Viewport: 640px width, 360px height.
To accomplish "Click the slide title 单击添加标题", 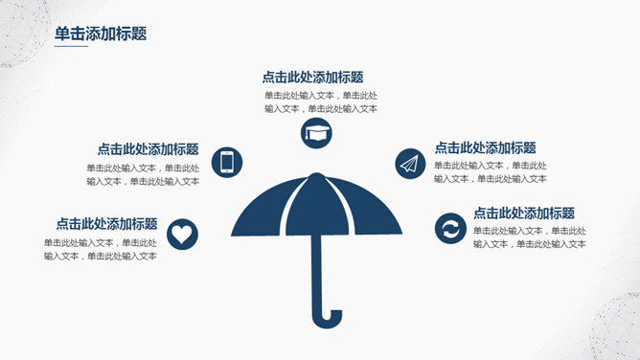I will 101,34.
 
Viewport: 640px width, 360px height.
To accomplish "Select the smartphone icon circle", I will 227,162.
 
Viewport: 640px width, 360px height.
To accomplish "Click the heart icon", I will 181,233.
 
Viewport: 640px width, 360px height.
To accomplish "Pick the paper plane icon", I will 409,163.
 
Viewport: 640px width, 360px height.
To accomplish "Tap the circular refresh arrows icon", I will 447,228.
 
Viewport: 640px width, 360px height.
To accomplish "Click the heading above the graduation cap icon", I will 312,78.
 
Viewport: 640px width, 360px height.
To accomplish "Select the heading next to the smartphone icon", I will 148,149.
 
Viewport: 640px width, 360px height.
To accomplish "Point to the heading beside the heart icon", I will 106,223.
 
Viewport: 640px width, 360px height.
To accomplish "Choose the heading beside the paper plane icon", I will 485,148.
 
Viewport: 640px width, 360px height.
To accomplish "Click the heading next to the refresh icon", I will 523,214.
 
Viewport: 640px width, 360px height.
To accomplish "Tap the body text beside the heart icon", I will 101,249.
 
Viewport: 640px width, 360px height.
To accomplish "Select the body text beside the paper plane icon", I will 491,172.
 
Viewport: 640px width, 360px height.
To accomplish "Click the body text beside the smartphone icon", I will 143,174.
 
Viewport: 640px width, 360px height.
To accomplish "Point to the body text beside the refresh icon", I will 529,237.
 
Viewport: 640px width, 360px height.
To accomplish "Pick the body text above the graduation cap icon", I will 321,101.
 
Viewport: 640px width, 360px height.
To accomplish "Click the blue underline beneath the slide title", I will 71,46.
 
